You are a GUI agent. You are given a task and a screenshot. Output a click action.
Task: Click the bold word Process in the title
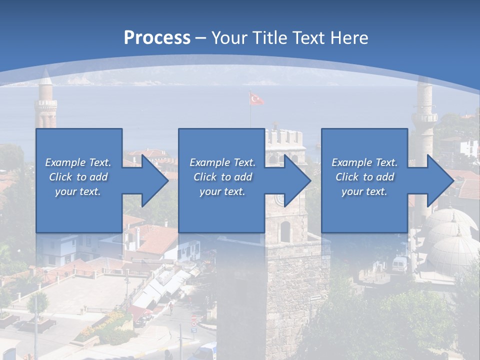point(157,37)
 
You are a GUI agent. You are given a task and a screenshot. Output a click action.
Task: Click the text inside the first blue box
point(78,177)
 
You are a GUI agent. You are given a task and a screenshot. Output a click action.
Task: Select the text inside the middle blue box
point(222,177)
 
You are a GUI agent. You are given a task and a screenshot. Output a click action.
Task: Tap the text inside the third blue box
point(364,177)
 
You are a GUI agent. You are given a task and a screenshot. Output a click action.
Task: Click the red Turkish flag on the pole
point(256,99)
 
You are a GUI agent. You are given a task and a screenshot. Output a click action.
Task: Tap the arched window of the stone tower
point(285,231)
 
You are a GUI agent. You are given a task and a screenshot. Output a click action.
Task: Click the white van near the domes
point(400,263)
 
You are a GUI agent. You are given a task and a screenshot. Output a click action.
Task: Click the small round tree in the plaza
point(38,302)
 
